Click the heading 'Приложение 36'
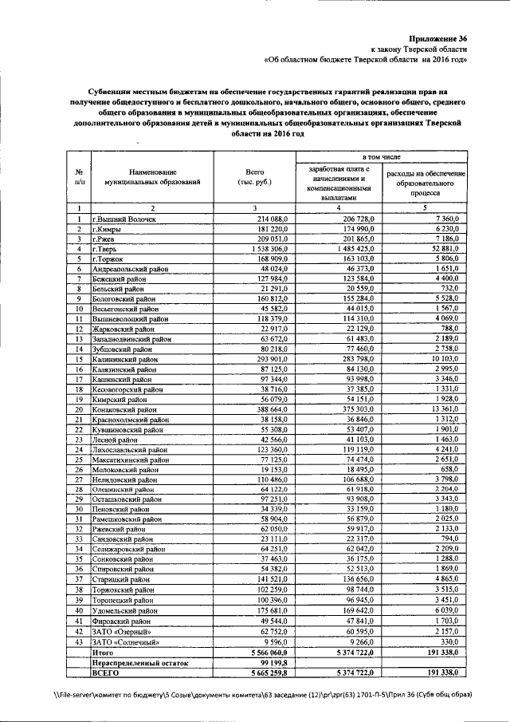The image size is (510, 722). tap(438, 37)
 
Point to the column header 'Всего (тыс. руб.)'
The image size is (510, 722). tap(255, 177)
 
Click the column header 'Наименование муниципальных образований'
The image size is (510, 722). tap(151, 177)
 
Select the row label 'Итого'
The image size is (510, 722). tap(104, 652)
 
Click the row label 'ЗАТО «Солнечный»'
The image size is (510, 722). tap(126, 641)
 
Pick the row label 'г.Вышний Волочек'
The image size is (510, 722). tap(124, 219)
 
